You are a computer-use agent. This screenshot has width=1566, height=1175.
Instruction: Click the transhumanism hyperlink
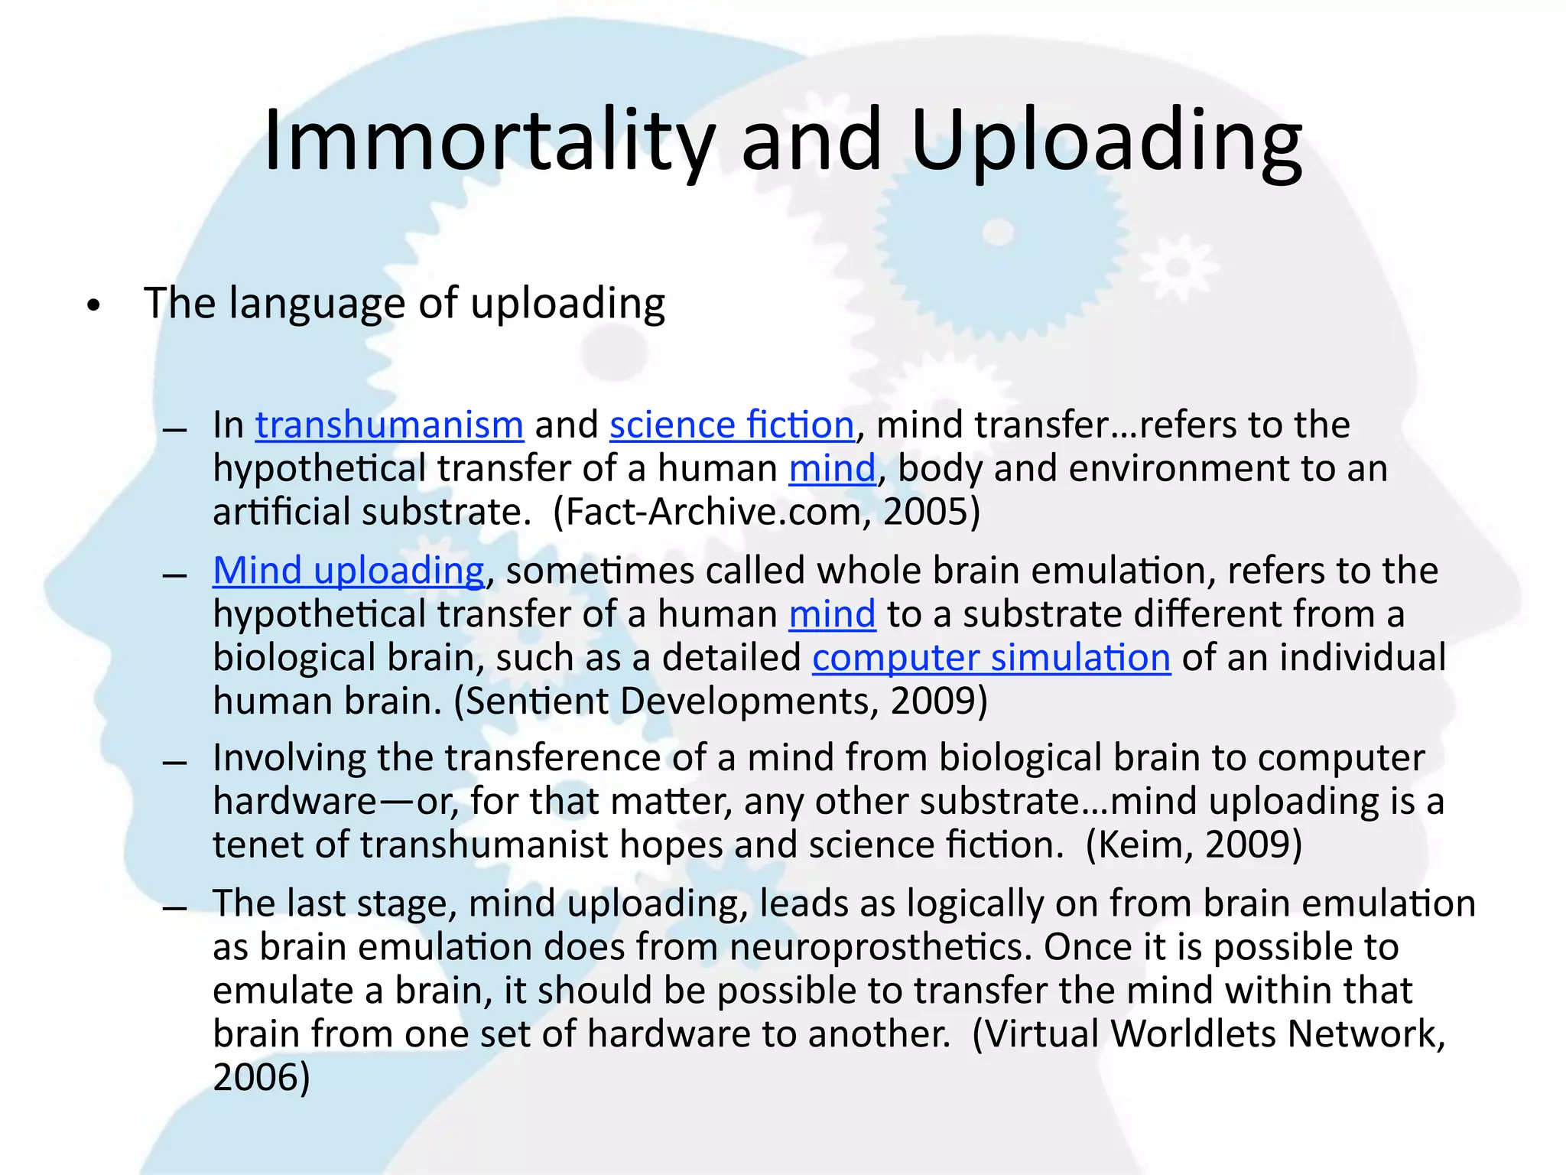[389, 425]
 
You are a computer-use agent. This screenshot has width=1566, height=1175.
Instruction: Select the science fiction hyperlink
[732, 425]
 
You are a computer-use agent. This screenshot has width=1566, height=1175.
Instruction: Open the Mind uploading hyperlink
[349, 571]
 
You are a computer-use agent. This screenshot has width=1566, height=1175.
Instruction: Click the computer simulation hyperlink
[991, 658]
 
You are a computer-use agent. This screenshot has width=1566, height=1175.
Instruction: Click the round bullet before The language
[93, 306]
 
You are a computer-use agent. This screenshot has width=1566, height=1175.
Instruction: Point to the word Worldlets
[1194, 1033]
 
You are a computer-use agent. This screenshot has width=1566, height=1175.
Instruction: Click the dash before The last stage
[175, 909]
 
